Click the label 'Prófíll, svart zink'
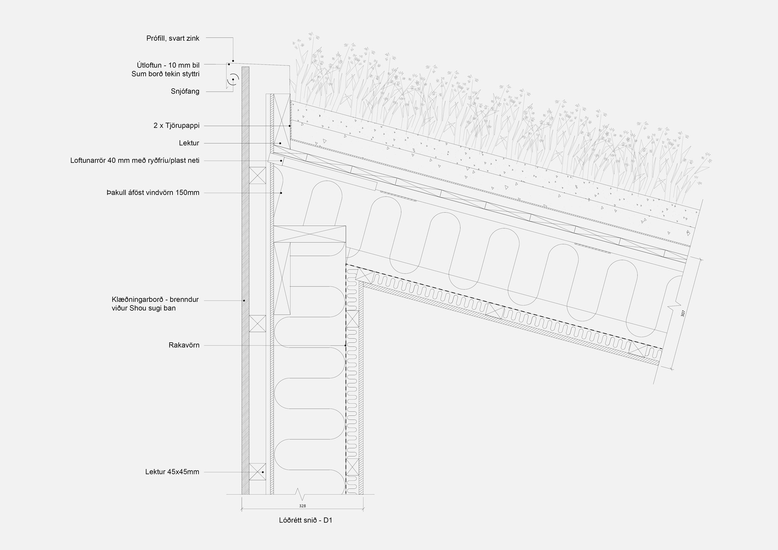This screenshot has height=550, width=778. pos(173,38)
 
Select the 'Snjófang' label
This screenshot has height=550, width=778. pos(185,91)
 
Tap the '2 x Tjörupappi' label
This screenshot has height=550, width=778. pos(176,126)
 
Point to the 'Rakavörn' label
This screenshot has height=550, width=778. pos(184,345)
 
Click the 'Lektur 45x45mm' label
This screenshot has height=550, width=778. pos(172,472)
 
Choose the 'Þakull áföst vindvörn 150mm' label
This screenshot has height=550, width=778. pos(153,193)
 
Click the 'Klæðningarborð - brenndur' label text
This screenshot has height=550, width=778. pos(155,300)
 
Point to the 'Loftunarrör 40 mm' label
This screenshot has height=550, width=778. pos(135,160)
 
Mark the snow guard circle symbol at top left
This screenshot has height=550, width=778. pos(233,79)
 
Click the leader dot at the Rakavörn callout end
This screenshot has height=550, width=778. pos(345,346)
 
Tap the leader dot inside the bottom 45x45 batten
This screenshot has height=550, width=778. pos(263,472)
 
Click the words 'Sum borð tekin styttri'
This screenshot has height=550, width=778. pos(165,74)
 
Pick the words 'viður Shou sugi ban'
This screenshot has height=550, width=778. pos(144,309)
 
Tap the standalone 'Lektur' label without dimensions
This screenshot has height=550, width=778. pos(189,143)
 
